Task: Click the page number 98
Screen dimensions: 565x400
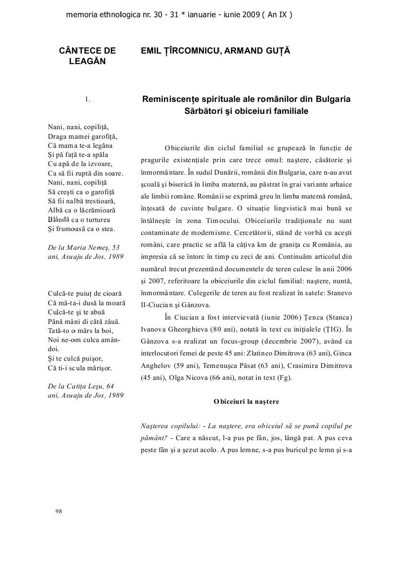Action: [x=58, y=511]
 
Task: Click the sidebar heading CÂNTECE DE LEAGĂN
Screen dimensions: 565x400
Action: [x=87, y=55]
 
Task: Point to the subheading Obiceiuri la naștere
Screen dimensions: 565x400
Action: [x=246, y=401]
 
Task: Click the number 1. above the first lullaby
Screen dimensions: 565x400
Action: [x=88, y=100]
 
